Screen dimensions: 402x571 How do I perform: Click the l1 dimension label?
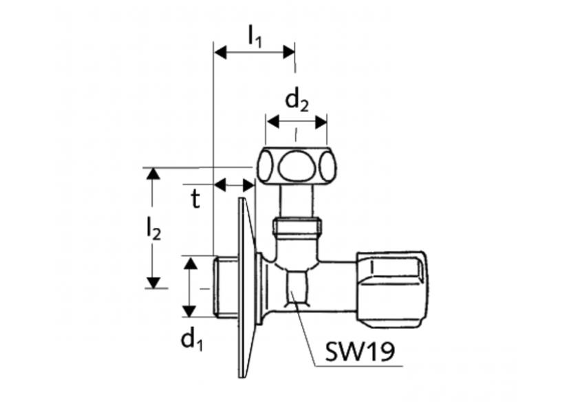(x=255, y=36)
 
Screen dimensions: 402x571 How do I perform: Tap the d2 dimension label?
(x=297, y=102)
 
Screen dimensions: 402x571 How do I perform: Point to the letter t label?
(x=196, y=200)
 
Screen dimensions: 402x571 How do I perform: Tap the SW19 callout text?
(x=360, y=353)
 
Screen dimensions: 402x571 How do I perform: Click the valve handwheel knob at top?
(x=297, y=166)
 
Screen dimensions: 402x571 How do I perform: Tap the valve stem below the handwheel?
(x=296, y=202)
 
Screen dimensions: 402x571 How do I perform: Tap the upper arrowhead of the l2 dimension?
(x=153, y=173)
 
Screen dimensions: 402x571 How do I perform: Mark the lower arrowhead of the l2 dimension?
(x=153, y=282)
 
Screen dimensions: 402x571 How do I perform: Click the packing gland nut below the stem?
(x=297, y=226)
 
